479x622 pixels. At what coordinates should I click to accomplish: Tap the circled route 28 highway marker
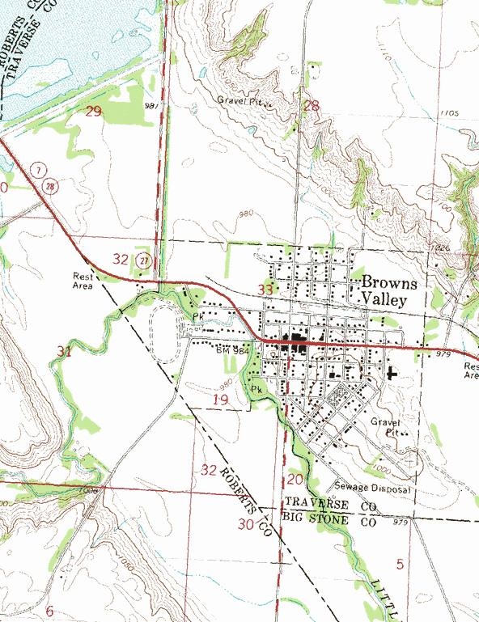coord(50,186)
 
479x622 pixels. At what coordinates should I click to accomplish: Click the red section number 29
coord(95,111)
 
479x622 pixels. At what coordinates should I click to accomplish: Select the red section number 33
coord(265,289)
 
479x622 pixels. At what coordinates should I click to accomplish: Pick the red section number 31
coord(65,352)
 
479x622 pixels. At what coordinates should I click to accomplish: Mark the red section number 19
coord(220,400)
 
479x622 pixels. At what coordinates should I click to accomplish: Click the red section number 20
coord(295,479)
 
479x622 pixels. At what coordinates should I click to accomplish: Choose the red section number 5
coord(400,562)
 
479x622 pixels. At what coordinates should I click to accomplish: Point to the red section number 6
coord(49,611)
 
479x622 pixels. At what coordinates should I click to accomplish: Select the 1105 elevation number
coord(451,113)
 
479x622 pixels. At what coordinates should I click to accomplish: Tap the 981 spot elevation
coord(152,105)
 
